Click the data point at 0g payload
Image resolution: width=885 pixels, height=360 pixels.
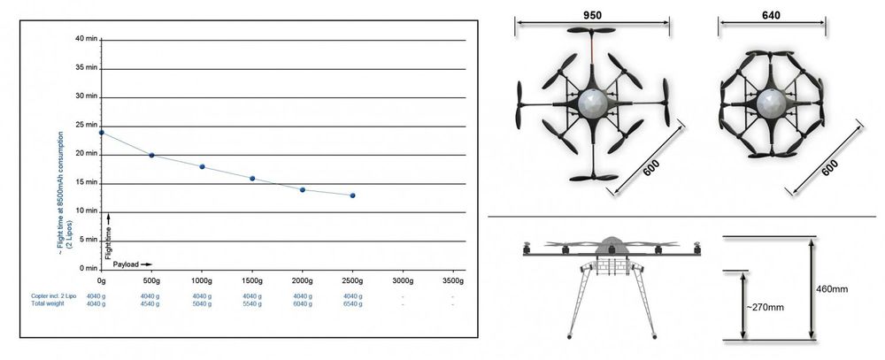point(102,133)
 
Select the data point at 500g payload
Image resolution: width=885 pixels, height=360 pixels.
point(151,156)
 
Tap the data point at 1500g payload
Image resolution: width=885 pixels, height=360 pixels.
point(252,179)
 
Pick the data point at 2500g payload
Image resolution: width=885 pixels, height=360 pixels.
point(352,195)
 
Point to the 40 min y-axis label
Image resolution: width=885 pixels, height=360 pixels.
point(87,39)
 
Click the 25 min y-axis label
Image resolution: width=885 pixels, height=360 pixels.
point(87,125)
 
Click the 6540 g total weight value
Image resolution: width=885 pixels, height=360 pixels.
point(352,304)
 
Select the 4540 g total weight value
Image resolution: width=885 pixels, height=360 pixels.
point(151,304)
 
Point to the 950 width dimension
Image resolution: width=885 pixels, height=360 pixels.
point(593,16)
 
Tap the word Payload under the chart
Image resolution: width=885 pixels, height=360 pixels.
point(125,264)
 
